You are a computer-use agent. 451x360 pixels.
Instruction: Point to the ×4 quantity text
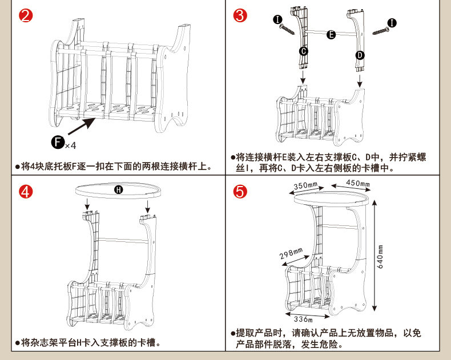(x=70, y=145)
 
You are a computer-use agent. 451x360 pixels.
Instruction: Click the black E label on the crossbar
(x=331, y=35)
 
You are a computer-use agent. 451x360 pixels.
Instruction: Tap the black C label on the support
(x=304, y=51)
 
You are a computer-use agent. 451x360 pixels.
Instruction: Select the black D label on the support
(x=360, y=55)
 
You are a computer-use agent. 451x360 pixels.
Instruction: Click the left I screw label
(x=277, y=20)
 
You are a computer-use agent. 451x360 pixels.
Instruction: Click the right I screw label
(x=392, y=23)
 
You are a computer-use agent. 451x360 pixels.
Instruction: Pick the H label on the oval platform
(x=118, y=190)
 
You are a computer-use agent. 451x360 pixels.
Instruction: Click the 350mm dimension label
(x=305, y=186)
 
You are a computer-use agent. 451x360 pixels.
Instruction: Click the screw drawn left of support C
(x=286, y=29)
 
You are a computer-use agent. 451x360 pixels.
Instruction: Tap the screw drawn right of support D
(x=381, y=30)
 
